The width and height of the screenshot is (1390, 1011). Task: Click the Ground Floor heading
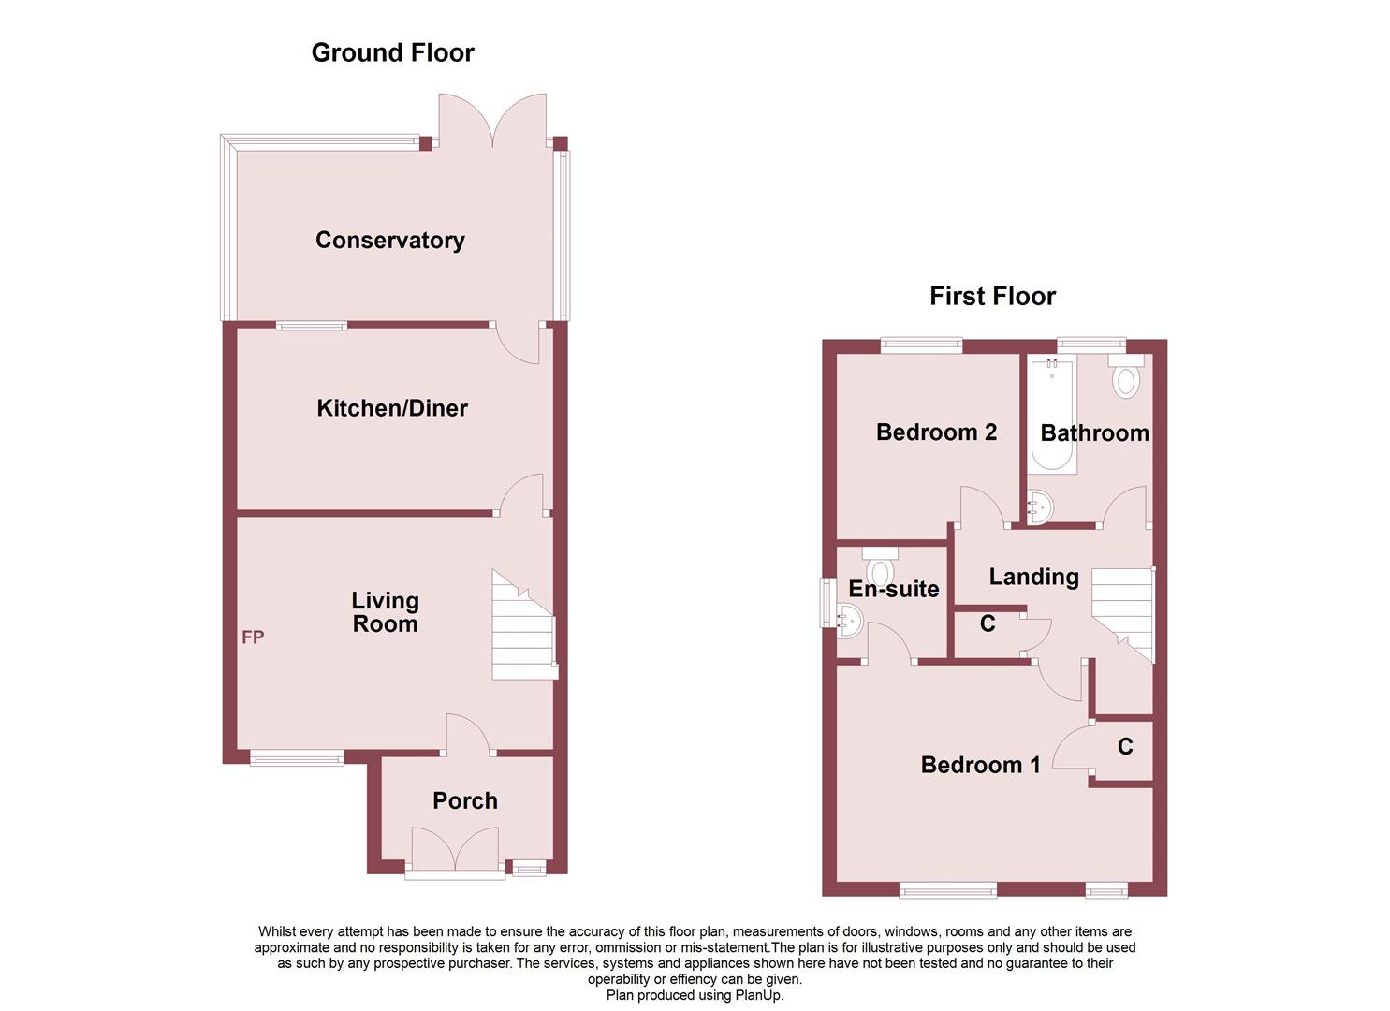(x=392, y=53)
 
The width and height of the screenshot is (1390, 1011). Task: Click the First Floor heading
(x=992, y=297)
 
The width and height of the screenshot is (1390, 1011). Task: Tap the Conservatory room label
(x=389, y=241)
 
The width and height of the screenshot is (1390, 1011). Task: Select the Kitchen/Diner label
(x=392, y=408)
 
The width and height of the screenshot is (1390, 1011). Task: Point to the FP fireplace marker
(x=253, y=637)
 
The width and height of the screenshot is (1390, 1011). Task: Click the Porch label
(x=464, y=801)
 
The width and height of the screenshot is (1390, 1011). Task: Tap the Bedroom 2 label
(x=936, y=432)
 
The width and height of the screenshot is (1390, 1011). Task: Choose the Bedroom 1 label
(x=980, y=766)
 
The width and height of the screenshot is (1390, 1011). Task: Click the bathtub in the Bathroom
(x=1052, y=417)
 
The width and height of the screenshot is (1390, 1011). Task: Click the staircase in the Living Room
(x=523, y=626)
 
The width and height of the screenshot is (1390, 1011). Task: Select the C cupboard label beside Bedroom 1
(x=1125, y=747)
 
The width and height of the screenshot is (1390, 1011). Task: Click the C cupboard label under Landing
(x=988, y=623)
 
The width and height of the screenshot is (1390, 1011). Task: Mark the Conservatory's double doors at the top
(x=493, y=122)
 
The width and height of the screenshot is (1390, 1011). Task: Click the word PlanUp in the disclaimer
(x=761, y=995)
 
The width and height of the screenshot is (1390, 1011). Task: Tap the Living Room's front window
(x=296, y=758)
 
